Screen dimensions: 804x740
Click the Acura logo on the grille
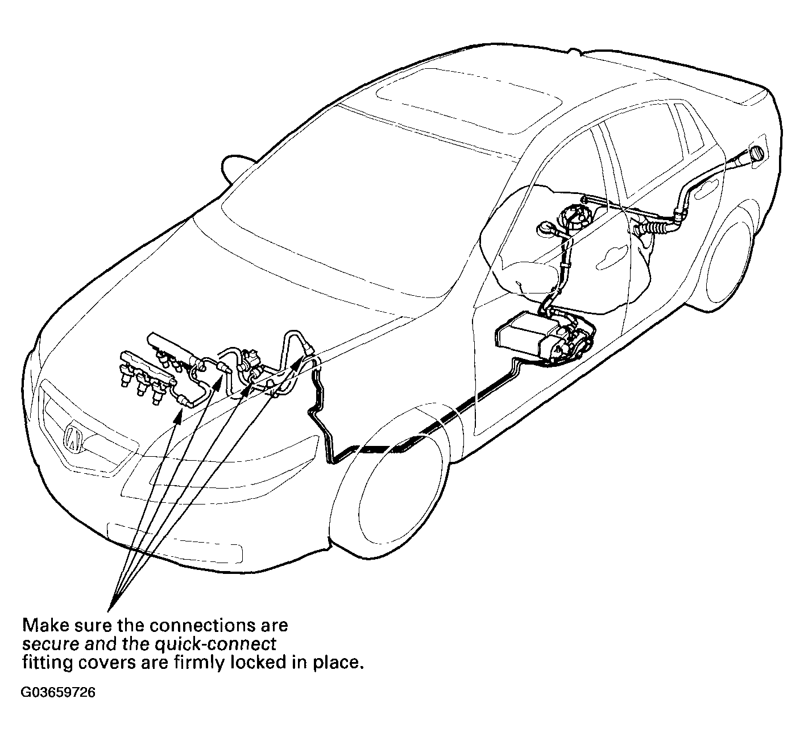click(x=73, y=436)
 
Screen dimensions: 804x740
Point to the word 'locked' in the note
click(x=258, y=663)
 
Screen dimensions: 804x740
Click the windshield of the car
click(x=345, y=201)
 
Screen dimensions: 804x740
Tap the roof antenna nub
click(x=574, y=51)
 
